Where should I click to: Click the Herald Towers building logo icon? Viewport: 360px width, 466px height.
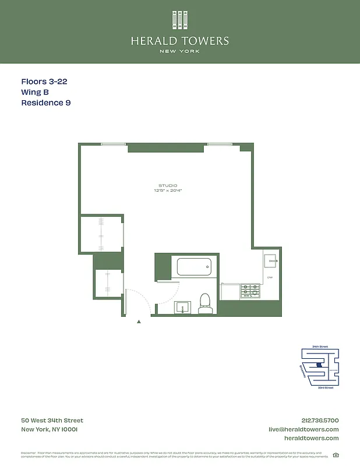coord(179,19)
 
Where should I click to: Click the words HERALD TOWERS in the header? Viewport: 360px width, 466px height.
coord(179,41)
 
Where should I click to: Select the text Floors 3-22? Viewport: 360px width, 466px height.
coord(44,82)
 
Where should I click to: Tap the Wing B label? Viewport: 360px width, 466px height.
coord(35,93)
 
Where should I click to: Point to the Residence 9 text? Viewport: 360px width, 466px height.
coord(46,103)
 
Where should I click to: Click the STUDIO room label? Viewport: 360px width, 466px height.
coord(168,185)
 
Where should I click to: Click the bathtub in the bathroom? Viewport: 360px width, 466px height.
coord(194,268)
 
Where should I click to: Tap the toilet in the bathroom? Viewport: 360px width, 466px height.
coord(204,303)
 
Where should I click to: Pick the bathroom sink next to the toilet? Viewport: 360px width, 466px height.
coord(183,307)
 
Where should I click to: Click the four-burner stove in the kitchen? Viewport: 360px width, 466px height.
coord(250,291)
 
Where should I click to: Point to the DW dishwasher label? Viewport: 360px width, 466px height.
coord(270,277)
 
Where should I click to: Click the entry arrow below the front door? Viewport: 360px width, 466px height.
coord(139,321)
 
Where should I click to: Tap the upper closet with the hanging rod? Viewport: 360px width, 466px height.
coord(101,234)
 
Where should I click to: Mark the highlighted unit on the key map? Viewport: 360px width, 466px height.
coord(318,366)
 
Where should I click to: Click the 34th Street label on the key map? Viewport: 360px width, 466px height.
coord(320,347)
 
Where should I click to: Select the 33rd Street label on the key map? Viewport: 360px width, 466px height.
coord(325,387)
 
